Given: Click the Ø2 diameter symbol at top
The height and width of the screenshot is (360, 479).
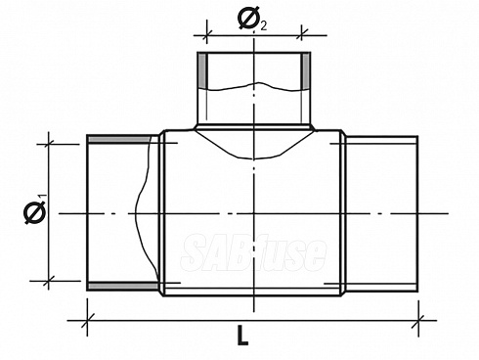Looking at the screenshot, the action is [252, 19].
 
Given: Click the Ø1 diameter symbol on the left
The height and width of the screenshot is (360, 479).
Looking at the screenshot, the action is [34, 209].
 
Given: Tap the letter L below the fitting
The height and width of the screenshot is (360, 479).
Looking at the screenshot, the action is [241, 336].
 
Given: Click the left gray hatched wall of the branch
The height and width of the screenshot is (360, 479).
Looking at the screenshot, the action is [202, 70].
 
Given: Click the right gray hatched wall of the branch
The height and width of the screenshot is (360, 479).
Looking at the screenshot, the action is [306, 70].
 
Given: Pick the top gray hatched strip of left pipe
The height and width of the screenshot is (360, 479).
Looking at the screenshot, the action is [120, 140].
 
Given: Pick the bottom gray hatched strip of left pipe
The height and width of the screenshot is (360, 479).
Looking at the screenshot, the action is [123, 287].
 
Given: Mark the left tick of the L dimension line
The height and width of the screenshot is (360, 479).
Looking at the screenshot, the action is [87, 321].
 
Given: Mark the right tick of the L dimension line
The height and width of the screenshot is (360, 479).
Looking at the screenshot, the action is [418, 321].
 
